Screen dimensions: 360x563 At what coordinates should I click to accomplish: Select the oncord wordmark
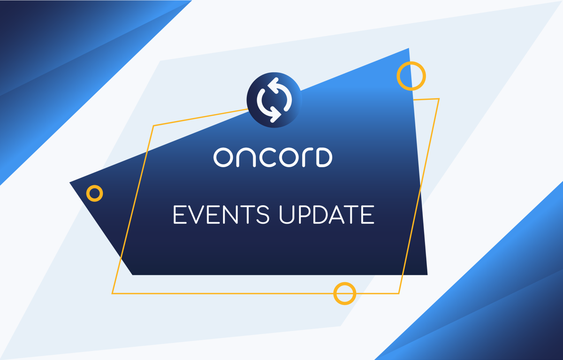coord(273,157)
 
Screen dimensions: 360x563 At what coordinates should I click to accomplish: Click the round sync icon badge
coord(274,100)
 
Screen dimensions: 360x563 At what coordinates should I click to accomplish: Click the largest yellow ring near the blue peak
coord(411,76)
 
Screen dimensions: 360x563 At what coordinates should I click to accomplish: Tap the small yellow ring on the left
coord(95,193)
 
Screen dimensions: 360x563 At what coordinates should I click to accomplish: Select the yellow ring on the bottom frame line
coord(345,293)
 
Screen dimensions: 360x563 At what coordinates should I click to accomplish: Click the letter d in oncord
coord(324,157)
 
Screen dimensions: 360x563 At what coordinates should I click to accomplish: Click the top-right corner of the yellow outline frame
coord(439,99)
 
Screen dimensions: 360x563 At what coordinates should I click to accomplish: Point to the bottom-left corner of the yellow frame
coord(112,293)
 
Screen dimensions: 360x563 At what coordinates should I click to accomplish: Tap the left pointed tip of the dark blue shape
coord(70,183)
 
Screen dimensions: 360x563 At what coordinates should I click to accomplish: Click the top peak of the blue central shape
coord(409,48)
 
